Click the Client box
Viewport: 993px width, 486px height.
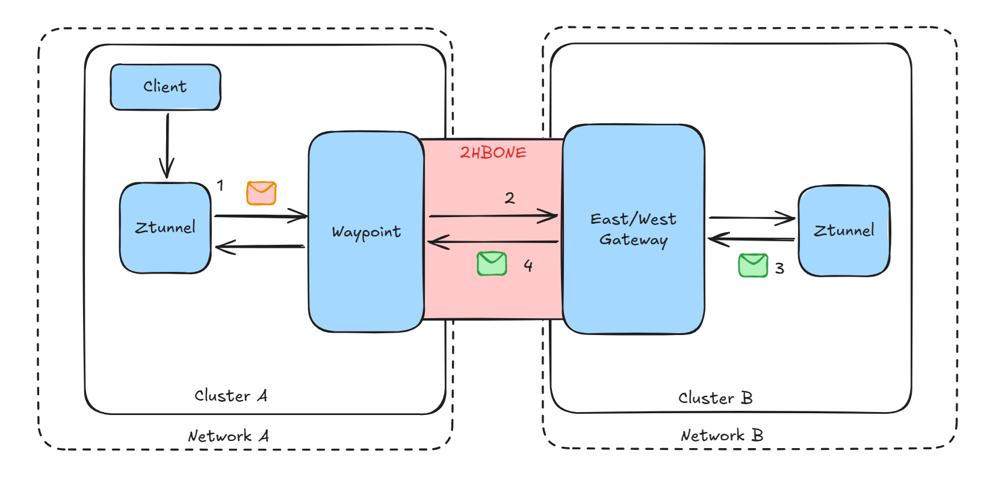[x=165, y=87]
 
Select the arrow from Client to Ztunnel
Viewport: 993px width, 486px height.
[x=167, y=144]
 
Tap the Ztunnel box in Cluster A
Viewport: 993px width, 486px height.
[x=165, y=227]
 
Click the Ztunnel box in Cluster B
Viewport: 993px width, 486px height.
[x=843, y=231]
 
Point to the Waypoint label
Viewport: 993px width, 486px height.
[x=366, y=232]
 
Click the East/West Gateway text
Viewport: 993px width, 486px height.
[x=633, y=229]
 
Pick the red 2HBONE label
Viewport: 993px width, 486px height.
[x=493, y=153]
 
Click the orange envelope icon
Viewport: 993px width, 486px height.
[x=261, y=193]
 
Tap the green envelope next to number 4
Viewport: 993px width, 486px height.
[x=492, y=263]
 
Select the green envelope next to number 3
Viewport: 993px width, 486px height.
[x=753, y=265]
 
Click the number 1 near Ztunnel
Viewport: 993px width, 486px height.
[x=220, y=185]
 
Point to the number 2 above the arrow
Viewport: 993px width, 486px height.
[x=510, y=198]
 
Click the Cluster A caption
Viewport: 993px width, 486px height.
[x=230, y=396]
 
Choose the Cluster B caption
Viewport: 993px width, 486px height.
[x=715, y=398]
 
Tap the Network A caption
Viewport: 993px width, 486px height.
[x=228, y=436]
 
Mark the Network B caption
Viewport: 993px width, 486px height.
[x=722, y=435]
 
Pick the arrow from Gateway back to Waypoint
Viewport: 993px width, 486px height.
[x=493, y=242]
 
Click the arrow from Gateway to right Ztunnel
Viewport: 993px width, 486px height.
[x=752, y=218]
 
